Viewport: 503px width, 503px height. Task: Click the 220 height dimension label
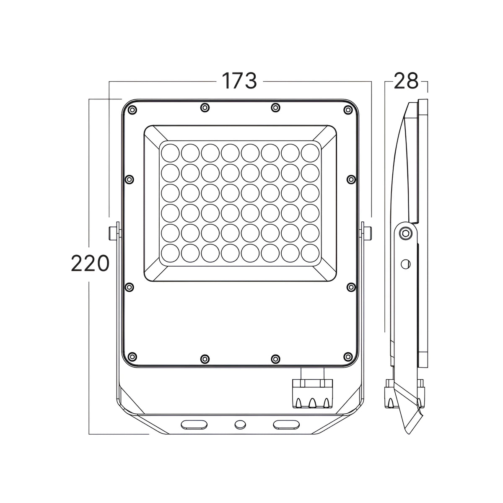(90, 263)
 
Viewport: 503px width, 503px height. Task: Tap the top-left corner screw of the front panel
(132, 110)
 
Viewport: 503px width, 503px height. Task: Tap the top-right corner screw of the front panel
(347, 110)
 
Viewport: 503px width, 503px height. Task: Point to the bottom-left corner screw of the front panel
(132, 357)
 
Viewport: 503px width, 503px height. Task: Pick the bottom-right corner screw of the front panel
(347, 357)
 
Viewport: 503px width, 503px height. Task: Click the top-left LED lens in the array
(170, 153)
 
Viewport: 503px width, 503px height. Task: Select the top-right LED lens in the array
(310, 153)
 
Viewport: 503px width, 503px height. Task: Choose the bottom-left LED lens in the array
(170, 253)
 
